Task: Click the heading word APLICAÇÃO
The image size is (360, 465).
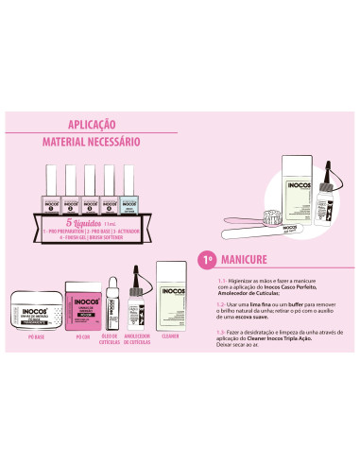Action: [x=92, y=124]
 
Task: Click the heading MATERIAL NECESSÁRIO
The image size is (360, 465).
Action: [x=92, y=141]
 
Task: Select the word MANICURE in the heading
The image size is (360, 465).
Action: [x=246, y=258]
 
